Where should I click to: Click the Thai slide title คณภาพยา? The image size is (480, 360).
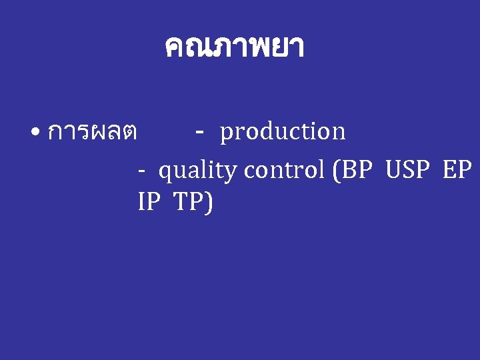click(233, 47)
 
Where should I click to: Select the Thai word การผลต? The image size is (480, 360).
click(93, 132)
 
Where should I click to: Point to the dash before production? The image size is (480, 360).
click(200, 131)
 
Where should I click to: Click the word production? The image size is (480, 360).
click(283, 132)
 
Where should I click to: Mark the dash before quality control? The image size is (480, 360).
click(141, 171)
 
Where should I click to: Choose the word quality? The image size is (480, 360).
click(197, 171)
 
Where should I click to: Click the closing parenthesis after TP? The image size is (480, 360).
click(209, 202)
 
